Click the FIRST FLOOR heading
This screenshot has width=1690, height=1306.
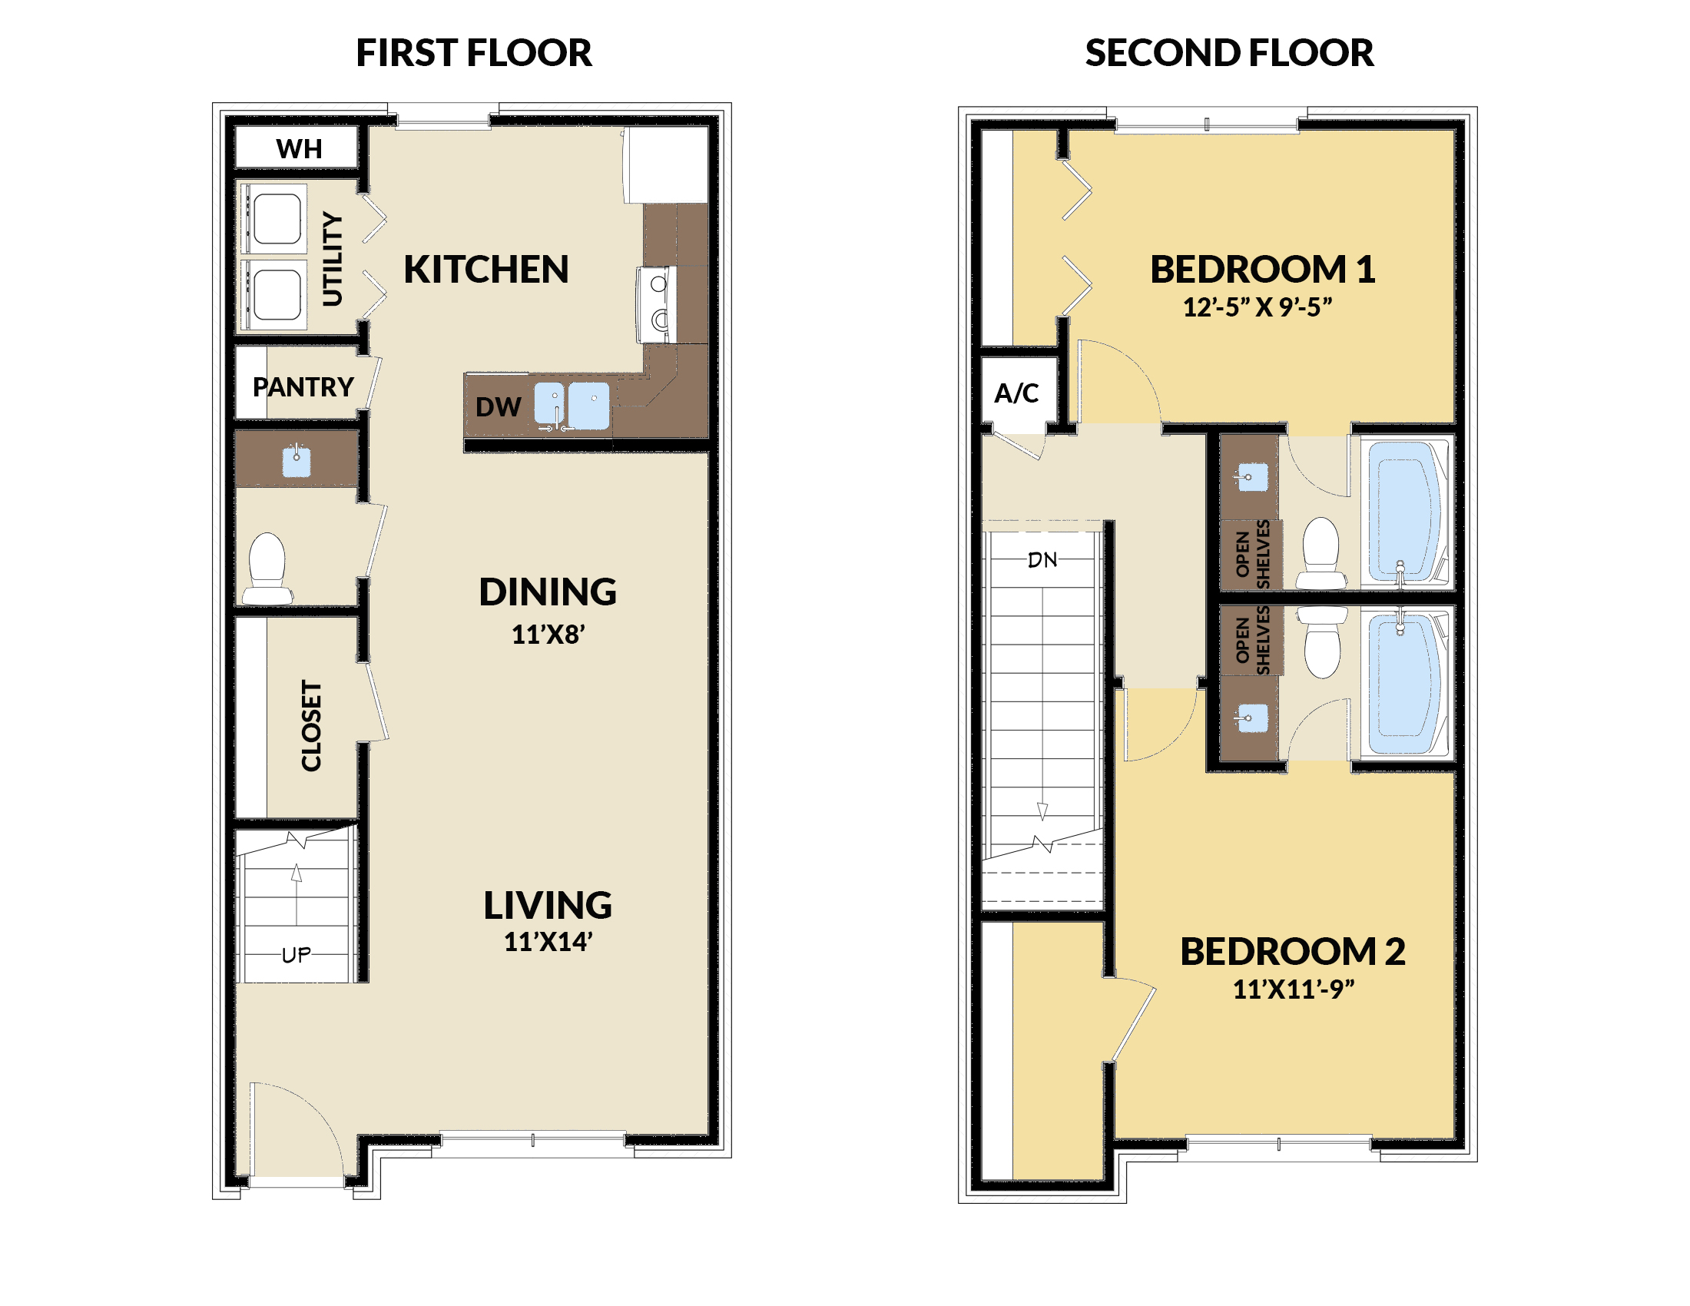click(473, 53)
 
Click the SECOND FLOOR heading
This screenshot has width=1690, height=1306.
click(1229, 53)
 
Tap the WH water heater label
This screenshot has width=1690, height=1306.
click(299, 148)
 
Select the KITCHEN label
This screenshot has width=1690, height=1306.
click(486, 269)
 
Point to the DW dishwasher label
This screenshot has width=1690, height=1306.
click(498, 407)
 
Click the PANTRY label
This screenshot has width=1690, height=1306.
click(303, 387)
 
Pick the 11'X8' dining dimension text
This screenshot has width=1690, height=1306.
click(548, 635)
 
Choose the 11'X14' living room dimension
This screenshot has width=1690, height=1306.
click(548, 942)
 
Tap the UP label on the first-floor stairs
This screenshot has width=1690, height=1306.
click(297, 956)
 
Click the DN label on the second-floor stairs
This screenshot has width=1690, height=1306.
click(1042, 560)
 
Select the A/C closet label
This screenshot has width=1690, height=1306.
click(1016, 393)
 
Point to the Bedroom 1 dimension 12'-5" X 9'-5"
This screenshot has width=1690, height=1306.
click(1258, 307)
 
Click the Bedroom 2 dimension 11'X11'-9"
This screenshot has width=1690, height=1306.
click(1293, 989)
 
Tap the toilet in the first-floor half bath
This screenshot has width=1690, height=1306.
click(267, 568)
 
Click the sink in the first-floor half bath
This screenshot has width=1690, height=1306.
click(297, 462)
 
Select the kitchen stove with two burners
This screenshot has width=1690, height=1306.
click(656, 305)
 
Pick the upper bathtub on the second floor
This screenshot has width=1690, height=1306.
click(1404, 511)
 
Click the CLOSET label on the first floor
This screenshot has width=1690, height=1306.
click(311, 726)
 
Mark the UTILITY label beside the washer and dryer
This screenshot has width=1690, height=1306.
click(331, 259)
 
